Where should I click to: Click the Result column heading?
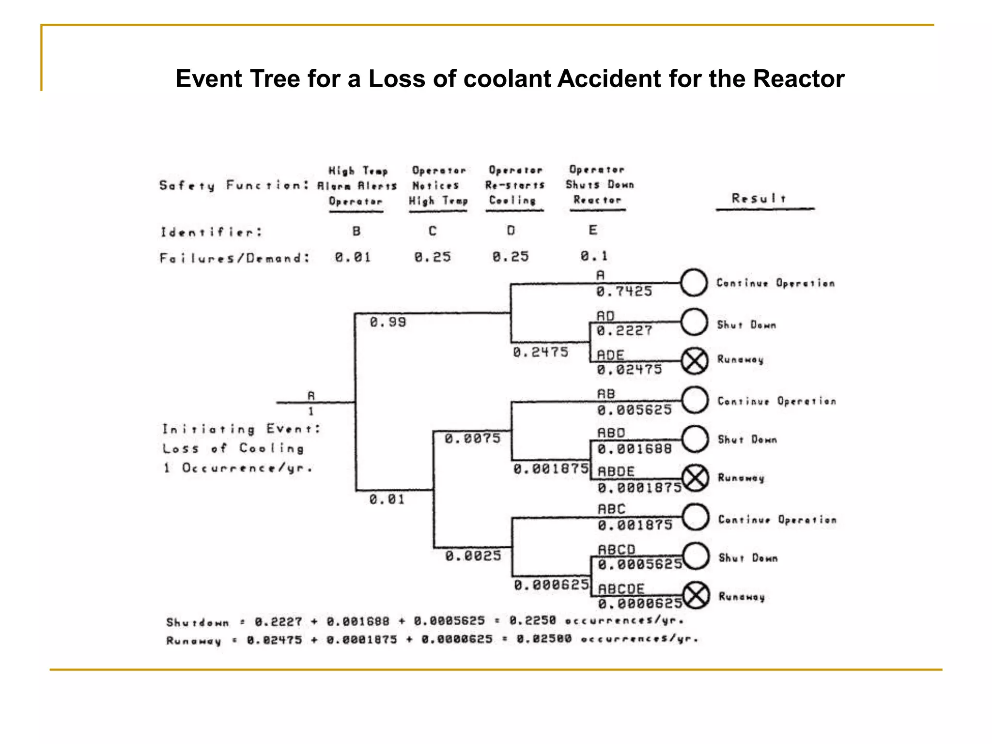(759, 198)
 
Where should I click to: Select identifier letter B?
(356, 231)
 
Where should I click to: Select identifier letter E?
(593, 230)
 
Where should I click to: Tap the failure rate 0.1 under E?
(594, 256)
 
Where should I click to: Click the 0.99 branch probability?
(387, 322)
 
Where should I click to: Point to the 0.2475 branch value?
(540, 352)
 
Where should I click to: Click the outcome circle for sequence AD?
(694, 322)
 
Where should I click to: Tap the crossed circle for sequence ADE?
(695, 361)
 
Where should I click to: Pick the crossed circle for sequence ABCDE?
(696, 595)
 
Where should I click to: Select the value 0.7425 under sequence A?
(624, 292)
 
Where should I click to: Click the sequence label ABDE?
(616, 471)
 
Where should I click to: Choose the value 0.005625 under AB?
(634, 410)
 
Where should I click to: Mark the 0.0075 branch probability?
(472, 439)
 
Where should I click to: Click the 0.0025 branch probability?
(473, 556)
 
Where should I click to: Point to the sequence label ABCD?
(616, 550)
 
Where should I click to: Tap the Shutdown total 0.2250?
(532, 620)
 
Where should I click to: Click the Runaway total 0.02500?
(543, 639)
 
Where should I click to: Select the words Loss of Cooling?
(233, 449)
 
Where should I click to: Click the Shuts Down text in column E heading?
(599, 185)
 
